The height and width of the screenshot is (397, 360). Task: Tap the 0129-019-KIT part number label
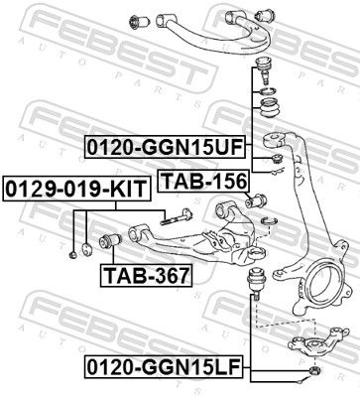[x=62, y=186]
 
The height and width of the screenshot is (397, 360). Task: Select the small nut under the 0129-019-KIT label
[x=75, y=256]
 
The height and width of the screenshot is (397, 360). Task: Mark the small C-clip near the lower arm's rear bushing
[x=265, y=217]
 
